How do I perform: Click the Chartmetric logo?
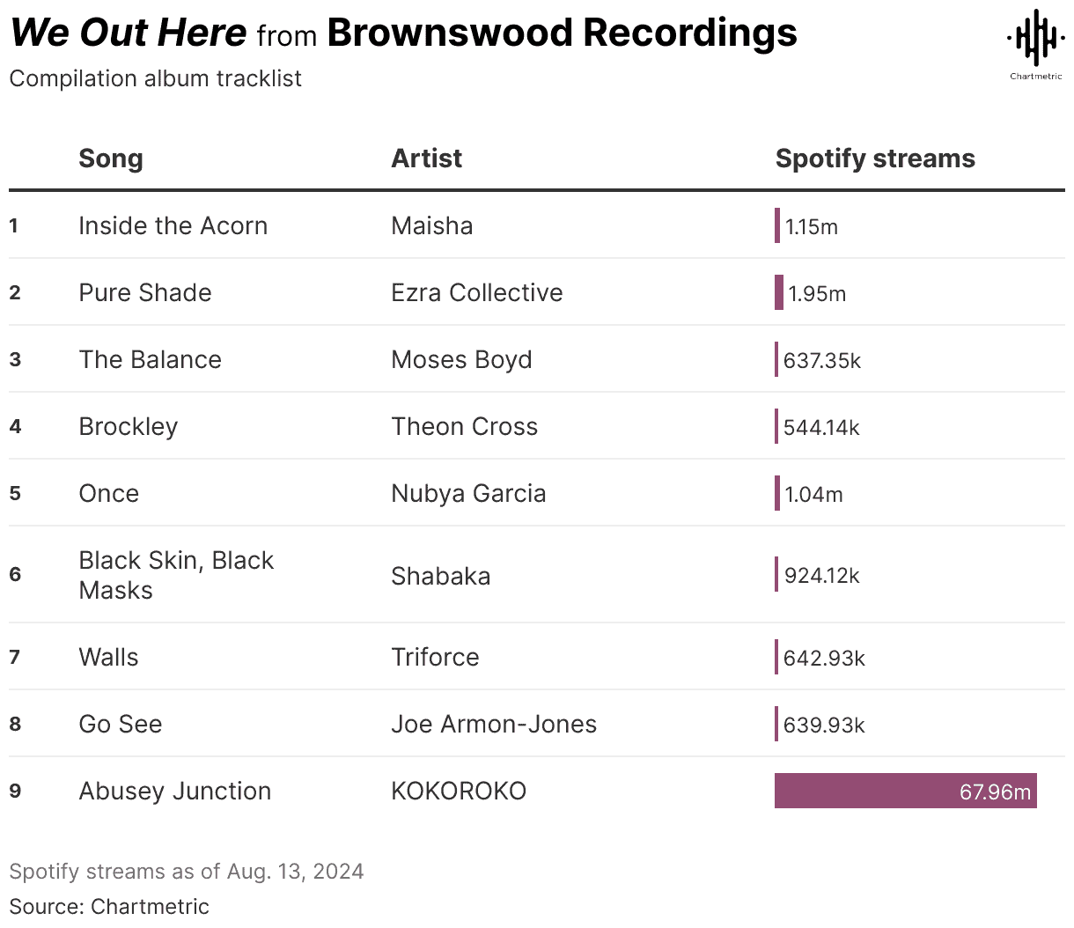[1035, 41]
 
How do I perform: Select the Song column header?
[111, 158]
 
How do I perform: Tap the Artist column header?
[426, 158]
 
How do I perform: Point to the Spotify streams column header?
[875, 158]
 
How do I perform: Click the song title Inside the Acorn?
[173, 226]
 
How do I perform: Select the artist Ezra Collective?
[476, 293]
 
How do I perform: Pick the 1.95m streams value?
[817, 294]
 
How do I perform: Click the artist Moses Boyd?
[461, 360]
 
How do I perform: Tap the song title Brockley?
[129, 427]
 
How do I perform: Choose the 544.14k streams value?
[821, 428]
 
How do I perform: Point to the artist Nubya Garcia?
[468, 494]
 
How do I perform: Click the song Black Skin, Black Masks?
[176, 575]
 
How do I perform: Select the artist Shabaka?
[440, 577]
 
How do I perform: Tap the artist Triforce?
[435, 658]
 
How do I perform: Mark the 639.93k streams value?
[824, 725]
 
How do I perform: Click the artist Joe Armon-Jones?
[494, 725]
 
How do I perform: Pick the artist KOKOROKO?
[459, 792]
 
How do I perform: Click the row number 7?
[14, 657]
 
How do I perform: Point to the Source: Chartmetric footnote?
[109, 906]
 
